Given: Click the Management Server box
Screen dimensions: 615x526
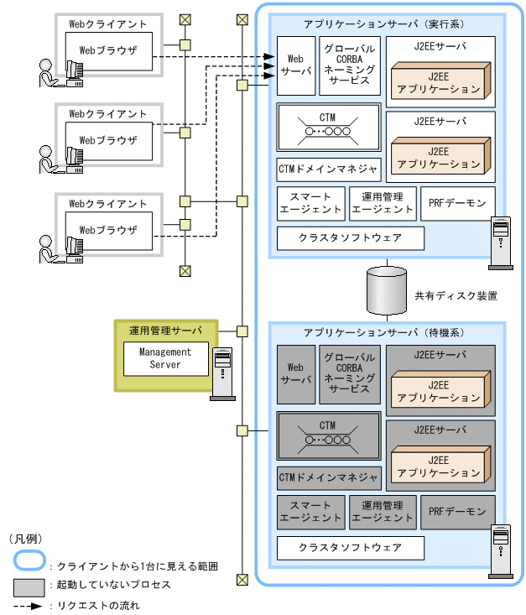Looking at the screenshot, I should tap(164, 359).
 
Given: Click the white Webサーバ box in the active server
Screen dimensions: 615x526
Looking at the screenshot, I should tap(295, 65).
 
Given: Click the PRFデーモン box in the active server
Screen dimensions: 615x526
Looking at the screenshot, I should tap(457, 204).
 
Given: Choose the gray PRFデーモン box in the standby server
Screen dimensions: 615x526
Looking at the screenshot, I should tap(457, 511).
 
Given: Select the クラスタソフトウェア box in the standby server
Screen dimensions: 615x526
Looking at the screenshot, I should tap(350, 548).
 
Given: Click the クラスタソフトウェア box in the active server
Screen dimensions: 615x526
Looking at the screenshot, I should tap(350, 237).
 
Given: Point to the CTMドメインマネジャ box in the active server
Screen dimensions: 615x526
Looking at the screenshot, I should tap(328, 169).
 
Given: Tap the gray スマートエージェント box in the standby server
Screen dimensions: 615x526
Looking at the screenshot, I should tap(310, 511).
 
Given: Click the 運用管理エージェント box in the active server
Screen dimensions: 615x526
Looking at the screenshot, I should tap(382, 204).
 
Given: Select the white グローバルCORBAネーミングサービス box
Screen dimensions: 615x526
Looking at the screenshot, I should tap(350, 65).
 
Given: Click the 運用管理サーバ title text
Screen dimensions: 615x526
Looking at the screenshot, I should tap(165, 330).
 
